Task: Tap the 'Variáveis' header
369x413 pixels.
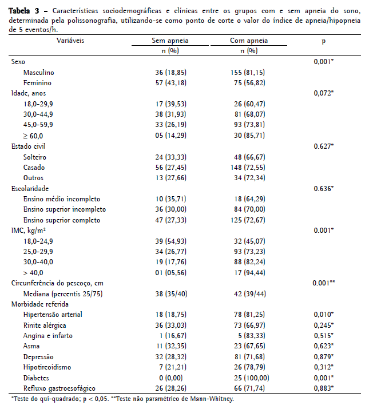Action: coord(71,41)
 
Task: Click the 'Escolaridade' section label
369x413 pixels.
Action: coord(30,188)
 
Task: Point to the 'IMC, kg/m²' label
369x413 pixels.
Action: coord(29,230)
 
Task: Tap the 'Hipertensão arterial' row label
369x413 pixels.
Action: coord(53,315)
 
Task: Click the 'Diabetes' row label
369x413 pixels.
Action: coord(35,378)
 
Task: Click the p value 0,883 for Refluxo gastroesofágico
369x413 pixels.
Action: coord(324,388)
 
